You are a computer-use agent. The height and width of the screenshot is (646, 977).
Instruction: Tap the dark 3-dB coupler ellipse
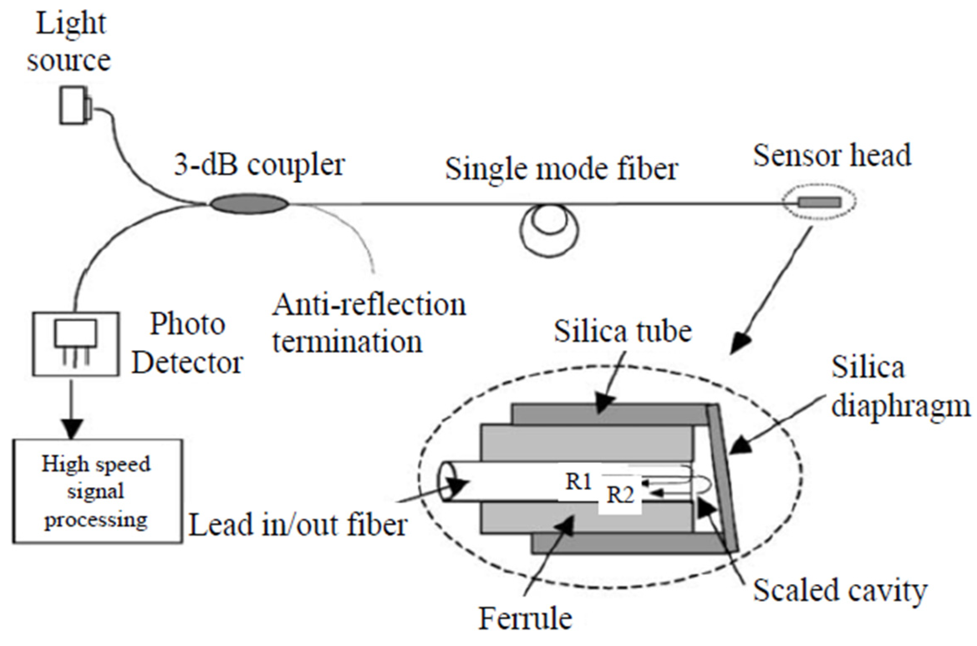249,204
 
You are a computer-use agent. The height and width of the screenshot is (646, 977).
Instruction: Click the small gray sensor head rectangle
819,202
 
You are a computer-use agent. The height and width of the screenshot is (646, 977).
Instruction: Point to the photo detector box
76,343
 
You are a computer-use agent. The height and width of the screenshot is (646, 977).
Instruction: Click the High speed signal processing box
97,491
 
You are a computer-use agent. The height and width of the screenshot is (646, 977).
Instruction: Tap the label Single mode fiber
561,169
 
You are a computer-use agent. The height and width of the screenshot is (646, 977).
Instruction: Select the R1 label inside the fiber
579,482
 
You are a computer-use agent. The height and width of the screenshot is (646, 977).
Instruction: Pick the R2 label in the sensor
620,496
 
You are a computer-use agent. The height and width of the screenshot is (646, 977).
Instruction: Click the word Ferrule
525,618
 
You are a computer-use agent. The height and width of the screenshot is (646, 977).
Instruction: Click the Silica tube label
623,331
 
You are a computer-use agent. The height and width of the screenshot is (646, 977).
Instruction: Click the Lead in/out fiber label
298,524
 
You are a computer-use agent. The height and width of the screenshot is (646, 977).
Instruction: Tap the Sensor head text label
832,155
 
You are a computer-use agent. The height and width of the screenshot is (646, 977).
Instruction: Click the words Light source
69,42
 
